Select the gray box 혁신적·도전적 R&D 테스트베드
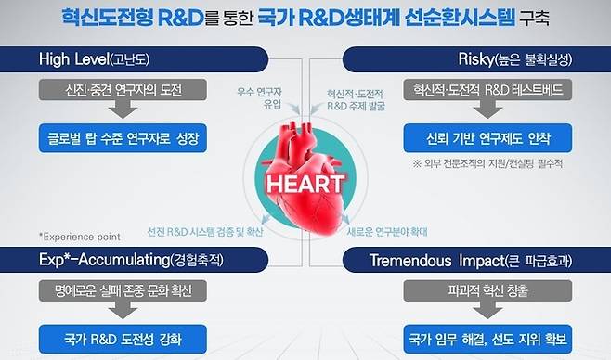click(x=487, y=90)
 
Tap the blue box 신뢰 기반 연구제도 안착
click(x=487, y=139)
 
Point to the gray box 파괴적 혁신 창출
click(x=487, y=289)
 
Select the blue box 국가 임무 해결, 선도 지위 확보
click(x=487, y=337)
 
